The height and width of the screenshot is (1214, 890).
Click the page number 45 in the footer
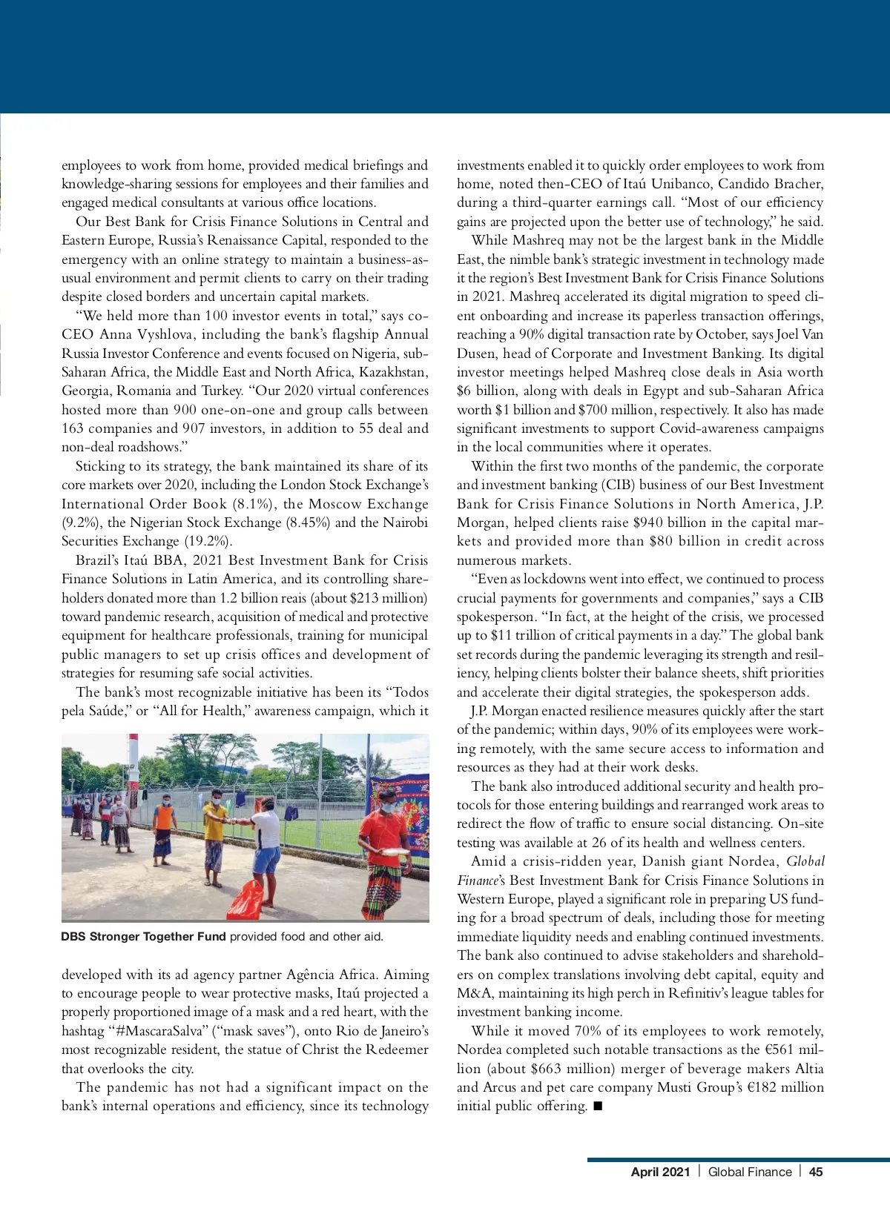point(816,1172)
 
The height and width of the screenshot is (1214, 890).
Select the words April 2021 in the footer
point(660,1172)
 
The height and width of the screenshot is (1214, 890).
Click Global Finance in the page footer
point(750,1172)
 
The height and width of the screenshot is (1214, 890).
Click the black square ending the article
point(598,1106)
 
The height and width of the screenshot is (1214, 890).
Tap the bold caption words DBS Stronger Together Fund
point(143,936)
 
